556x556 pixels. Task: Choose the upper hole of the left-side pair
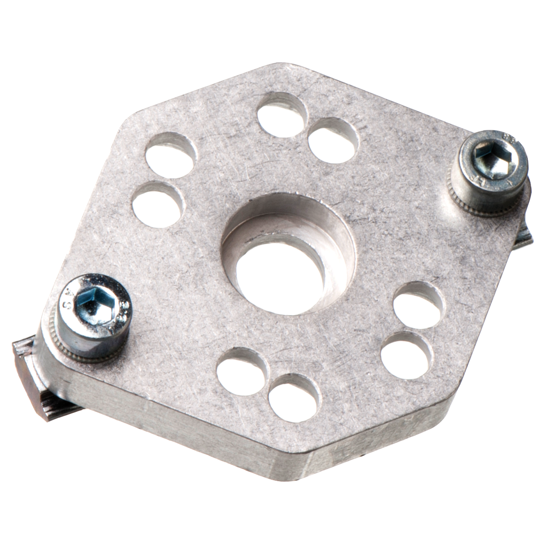170,155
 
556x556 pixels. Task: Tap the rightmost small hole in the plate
418,305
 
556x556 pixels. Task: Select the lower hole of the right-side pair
406,355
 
